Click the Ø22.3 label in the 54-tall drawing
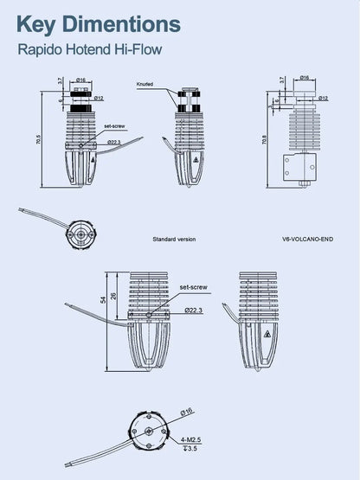pyautogui.click(x=193, y=309)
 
